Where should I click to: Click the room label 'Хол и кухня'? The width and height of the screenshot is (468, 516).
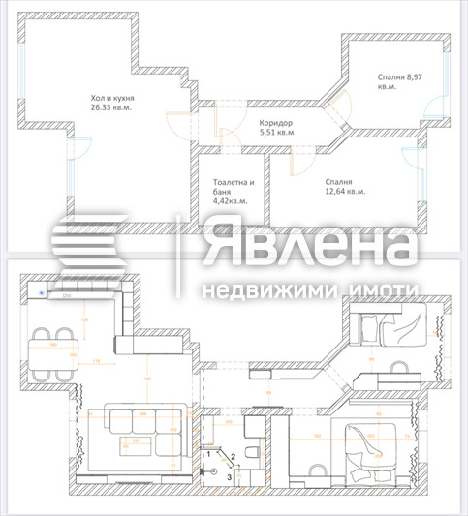coord(112,98)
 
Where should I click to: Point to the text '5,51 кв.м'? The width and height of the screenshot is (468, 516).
coord(277,133)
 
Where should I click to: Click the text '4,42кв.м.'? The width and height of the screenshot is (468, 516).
coord(231,201)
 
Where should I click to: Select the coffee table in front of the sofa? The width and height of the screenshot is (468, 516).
coord(135,444)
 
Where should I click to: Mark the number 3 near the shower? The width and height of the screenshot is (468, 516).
coord(230,476)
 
